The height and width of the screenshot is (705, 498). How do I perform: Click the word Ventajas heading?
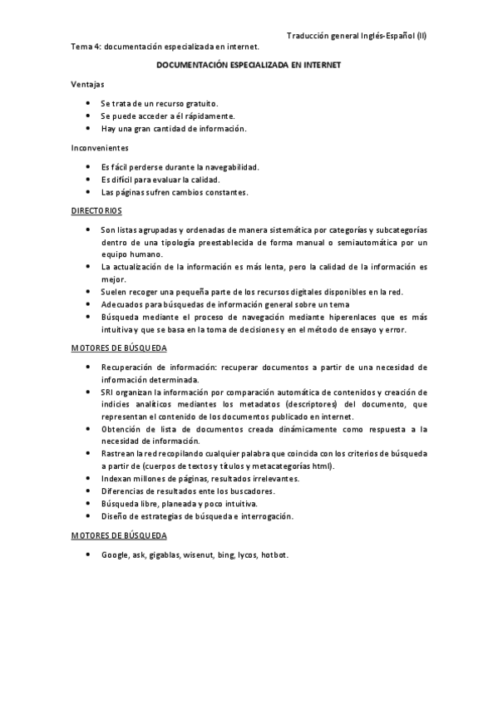point(88,84)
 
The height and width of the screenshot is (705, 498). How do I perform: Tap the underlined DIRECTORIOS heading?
point(96,211)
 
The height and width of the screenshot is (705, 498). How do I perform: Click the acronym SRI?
point(108,392)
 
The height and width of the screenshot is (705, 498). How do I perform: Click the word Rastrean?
point(118,454)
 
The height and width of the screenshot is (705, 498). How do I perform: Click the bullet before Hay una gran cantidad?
point(88,129)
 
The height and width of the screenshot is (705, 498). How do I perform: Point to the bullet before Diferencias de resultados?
point(88,491)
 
